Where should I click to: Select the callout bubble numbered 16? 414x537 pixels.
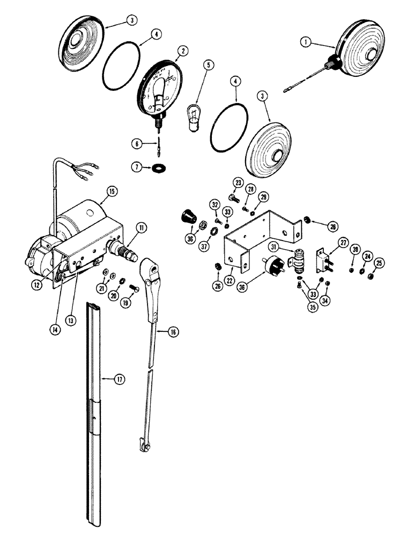coord(173,333)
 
